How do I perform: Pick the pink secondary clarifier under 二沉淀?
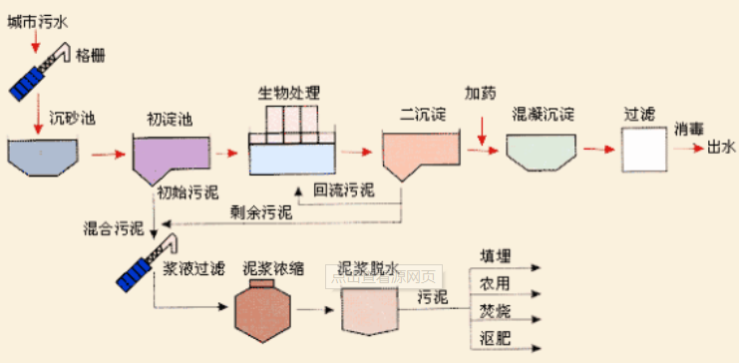pos(418,154)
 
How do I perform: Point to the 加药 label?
pos(482,93)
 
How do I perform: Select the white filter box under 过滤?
pos(642,151)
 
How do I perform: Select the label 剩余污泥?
pos(261,211)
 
